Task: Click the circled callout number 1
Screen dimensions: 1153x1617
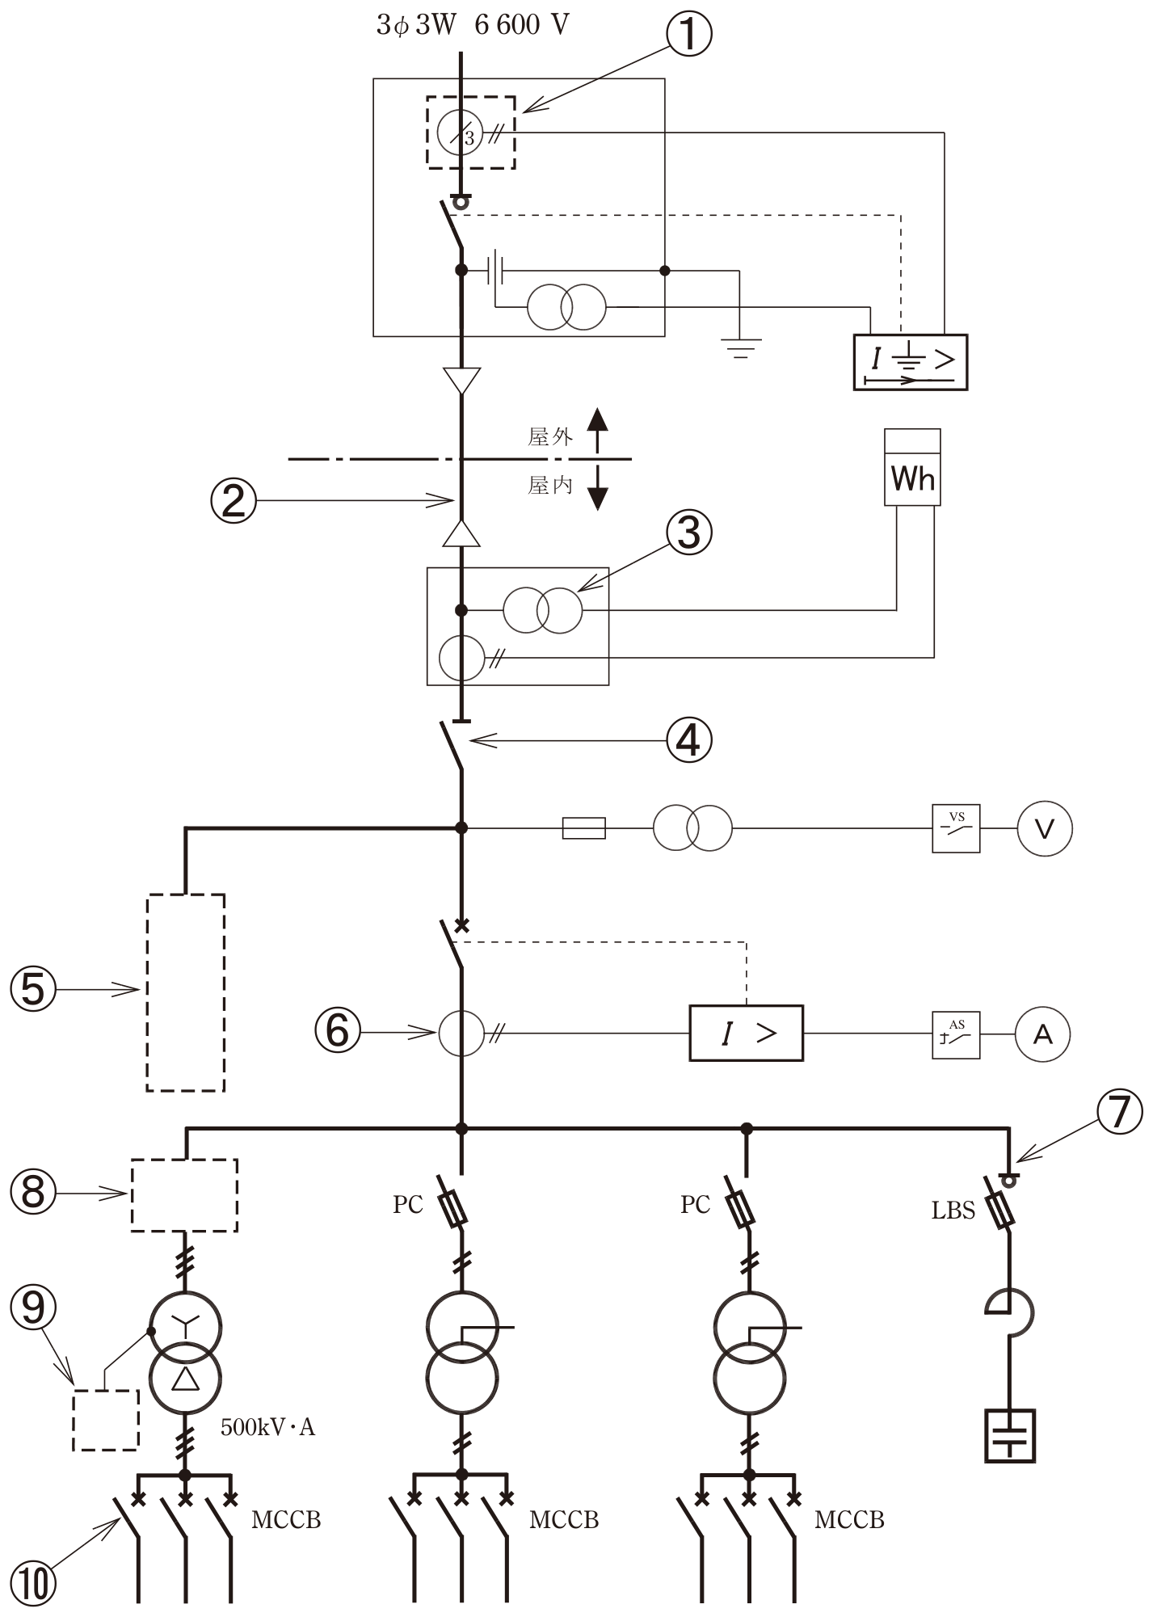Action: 688,35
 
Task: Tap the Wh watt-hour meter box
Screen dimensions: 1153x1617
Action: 912,467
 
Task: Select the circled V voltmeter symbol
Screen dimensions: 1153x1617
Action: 1045,828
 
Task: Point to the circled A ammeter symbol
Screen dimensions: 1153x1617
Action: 1043,1034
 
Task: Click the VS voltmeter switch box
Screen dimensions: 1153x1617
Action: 957,828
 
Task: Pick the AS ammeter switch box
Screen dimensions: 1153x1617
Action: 957,1034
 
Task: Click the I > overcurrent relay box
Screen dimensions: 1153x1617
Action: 746,1033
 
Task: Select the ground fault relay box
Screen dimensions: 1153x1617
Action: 911,362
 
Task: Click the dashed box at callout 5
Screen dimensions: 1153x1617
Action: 186,992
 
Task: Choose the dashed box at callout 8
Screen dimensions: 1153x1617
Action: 184,1195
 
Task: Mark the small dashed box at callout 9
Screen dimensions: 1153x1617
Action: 106,1420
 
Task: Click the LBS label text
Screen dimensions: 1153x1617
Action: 953,1211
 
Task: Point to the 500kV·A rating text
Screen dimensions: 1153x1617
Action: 268,1428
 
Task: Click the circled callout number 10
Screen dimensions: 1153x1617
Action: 33,1585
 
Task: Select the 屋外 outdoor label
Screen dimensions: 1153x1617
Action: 550,437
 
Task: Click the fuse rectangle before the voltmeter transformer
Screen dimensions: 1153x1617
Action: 583,828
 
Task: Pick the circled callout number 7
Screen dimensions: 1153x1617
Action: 1120,1112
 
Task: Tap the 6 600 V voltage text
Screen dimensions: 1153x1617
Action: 522,25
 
